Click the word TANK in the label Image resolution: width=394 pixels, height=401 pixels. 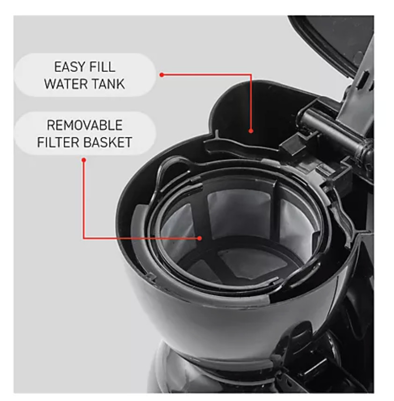click(x=108, y=84)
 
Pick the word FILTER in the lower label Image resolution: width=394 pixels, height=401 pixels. click(x=58, y=142)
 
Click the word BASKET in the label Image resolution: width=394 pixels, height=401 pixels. click(x=107, y=142)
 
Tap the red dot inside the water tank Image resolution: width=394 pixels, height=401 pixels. click(x=251, y=131)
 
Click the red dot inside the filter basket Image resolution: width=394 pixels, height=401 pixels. click(x=200, y=238)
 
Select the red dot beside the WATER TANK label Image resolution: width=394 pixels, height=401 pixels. click(x=161, y=75)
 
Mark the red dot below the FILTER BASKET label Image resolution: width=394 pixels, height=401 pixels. click(x=84, y=160)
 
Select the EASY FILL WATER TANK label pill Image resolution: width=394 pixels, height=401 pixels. click(x=84, y=75)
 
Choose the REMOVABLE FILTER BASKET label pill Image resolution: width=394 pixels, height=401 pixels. click(x=84, y=133)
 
